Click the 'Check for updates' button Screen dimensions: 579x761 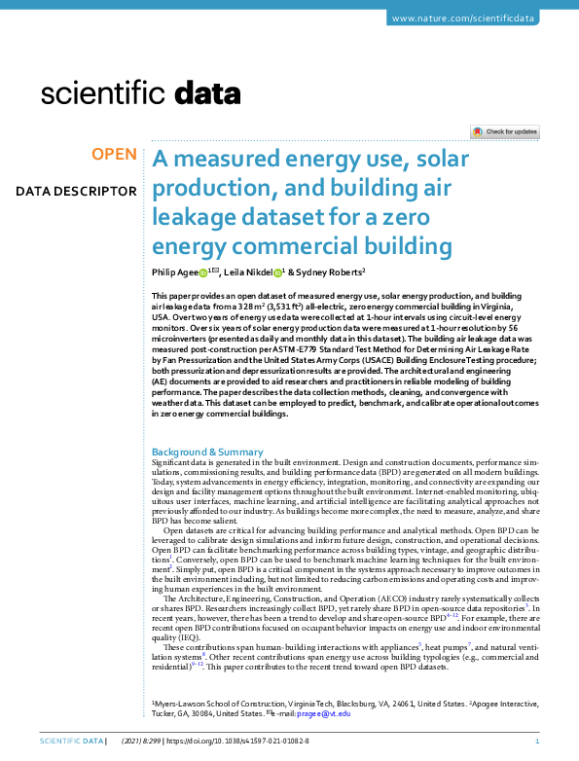click(504, 131)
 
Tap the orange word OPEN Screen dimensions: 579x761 click(114, 155)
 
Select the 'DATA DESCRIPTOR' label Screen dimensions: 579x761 click(76, 190)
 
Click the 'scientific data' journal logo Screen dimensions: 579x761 click(140, 93)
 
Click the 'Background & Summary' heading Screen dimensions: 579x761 click(208, 453)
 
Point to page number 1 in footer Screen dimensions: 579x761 click(550, 742)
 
